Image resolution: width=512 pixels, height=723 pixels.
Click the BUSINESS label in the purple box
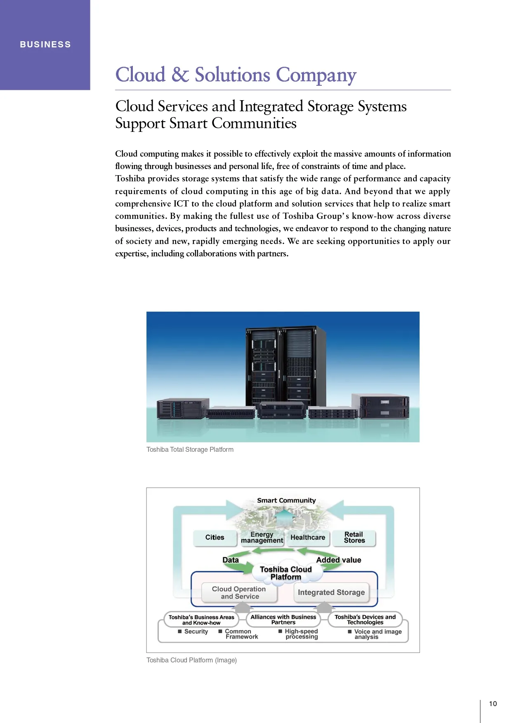[x=45, y=45]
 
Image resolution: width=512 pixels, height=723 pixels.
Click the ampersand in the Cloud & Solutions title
[x=180, y=75]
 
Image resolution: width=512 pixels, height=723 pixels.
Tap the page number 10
[x=493, y=704]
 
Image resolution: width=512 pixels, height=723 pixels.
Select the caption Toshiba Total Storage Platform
[x=190, y=449]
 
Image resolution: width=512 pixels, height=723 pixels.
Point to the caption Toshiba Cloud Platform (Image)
[x=191, y=660]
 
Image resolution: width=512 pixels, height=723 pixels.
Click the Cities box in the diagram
[x=215, y=538]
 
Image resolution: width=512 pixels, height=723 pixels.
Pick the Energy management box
[x=262, y=538]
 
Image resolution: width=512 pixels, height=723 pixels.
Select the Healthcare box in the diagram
[x=308, y=538]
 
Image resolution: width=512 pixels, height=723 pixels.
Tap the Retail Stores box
[x=354, y=538]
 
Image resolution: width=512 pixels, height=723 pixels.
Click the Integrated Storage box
[x=331, y=592]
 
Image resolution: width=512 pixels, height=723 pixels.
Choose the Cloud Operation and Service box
[x=239, y=593]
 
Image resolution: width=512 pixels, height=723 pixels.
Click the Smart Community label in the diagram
[x=286, y=500]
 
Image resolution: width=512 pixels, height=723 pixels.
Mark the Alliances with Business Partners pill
[x=283, y=620]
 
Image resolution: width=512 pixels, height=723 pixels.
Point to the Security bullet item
[x=194, y=631]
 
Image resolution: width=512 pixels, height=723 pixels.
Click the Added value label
[x=338, y=560]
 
